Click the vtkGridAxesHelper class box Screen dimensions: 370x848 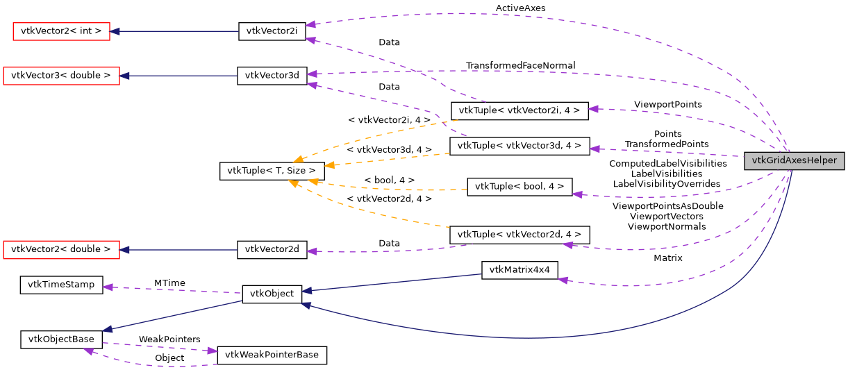click(x=794, y=160)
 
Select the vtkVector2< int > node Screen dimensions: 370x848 click(x=62, y=31)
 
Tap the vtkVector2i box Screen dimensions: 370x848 click(x=272, y=31)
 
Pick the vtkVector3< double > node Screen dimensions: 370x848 click(x=61, y=76)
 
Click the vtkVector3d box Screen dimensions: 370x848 click(x=272, y=76)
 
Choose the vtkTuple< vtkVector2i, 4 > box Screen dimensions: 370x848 click(x=519, y=110)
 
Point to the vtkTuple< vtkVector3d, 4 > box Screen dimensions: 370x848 click(x=519, y=145)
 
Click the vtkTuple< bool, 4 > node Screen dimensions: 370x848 click(x=519, y=187)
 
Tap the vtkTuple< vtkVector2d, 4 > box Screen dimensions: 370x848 click(x=519, y=234)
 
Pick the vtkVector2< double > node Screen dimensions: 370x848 click(x=61, y=249)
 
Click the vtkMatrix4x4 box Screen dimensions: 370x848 click(x=519, y=270)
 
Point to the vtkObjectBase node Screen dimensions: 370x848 click(x=61, y=339)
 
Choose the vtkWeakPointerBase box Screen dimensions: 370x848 click(x=272, y=355)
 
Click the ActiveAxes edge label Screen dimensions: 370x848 click(x=520, y=8)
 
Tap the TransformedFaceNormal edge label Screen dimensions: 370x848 click(x=520, y=65)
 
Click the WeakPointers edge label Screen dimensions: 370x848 click(x=169, y=339)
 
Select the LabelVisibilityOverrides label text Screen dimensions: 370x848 click(x=667, y=184)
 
